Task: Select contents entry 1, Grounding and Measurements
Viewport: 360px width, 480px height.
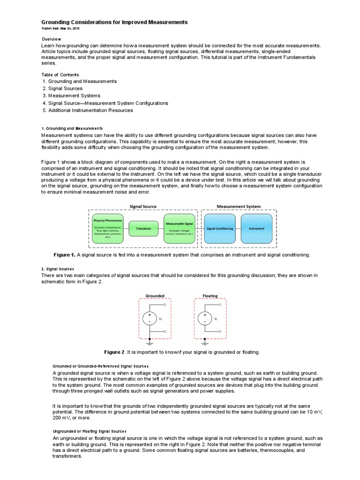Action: (79, 81)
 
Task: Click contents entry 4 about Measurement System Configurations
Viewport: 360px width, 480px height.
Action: (105, 103)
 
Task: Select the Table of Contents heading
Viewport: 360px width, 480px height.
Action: (60, 74)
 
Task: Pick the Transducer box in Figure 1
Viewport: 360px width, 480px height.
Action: (143, 228)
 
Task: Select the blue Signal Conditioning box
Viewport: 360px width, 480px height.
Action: (220, 228)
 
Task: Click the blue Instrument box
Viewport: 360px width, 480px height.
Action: (256, 228)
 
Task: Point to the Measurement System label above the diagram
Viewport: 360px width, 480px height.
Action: (239, 206)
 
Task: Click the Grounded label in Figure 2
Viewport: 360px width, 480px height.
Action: (155, 296)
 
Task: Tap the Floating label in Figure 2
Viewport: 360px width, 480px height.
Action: (210, 296)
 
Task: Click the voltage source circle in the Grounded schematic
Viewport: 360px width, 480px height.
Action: (150, 319)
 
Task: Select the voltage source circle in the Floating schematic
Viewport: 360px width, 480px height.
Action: (205, 319)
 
